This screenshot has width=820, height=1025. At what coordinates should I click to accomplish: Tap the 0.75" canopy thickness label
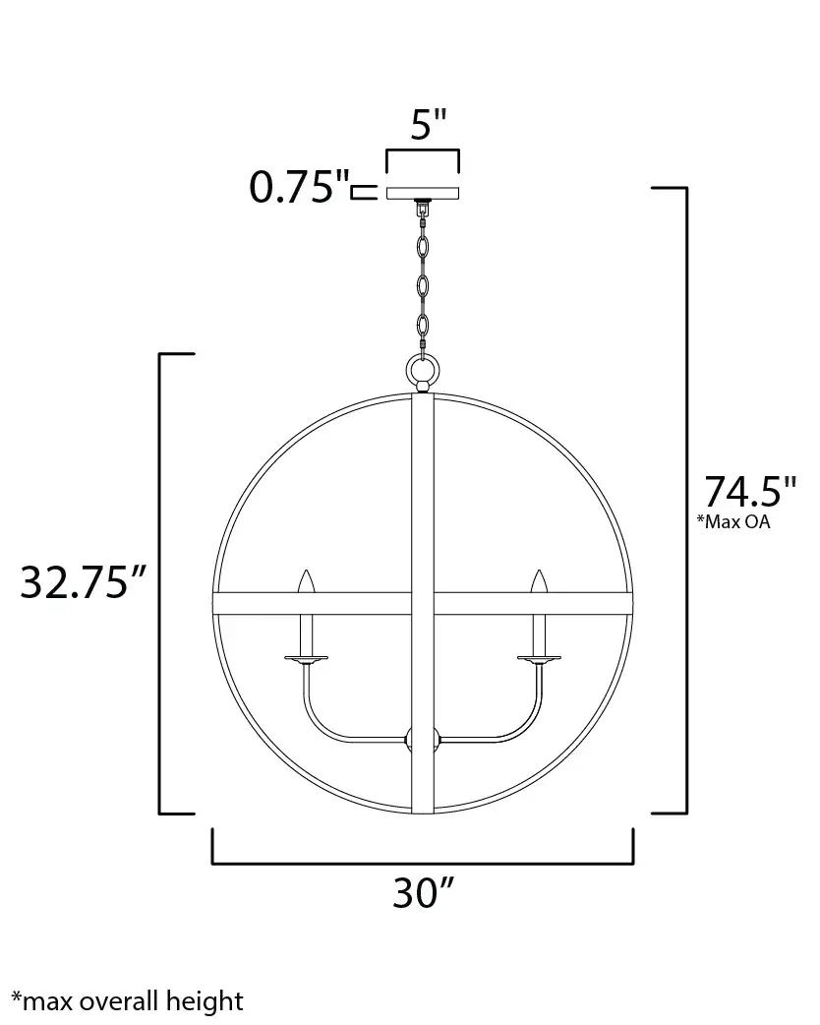coord(299,187)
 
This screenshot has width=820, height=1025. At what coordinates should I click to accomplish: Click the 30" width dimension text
coord(423,892)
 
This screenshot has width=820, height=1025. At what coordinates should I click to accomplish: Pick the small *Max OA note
coord(733,522)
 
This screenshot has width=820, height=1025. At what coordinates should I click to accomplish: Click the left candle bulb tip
coord(307,580)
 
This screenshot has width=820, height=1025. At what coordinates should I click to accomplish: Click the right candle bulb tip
coord(538,580)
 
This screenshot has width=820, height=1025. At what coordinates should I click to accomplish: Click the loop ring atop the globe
coord(423,372)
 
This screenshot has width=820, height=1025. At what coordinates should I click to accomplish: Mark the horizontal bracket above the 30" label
coord(423,863)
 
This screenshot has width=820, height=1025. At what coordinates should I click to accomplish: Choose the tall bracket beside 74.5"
coord(683,500)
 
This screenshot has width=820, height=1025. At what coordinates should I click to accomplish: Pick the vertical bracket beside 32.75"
coord(161,583)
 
